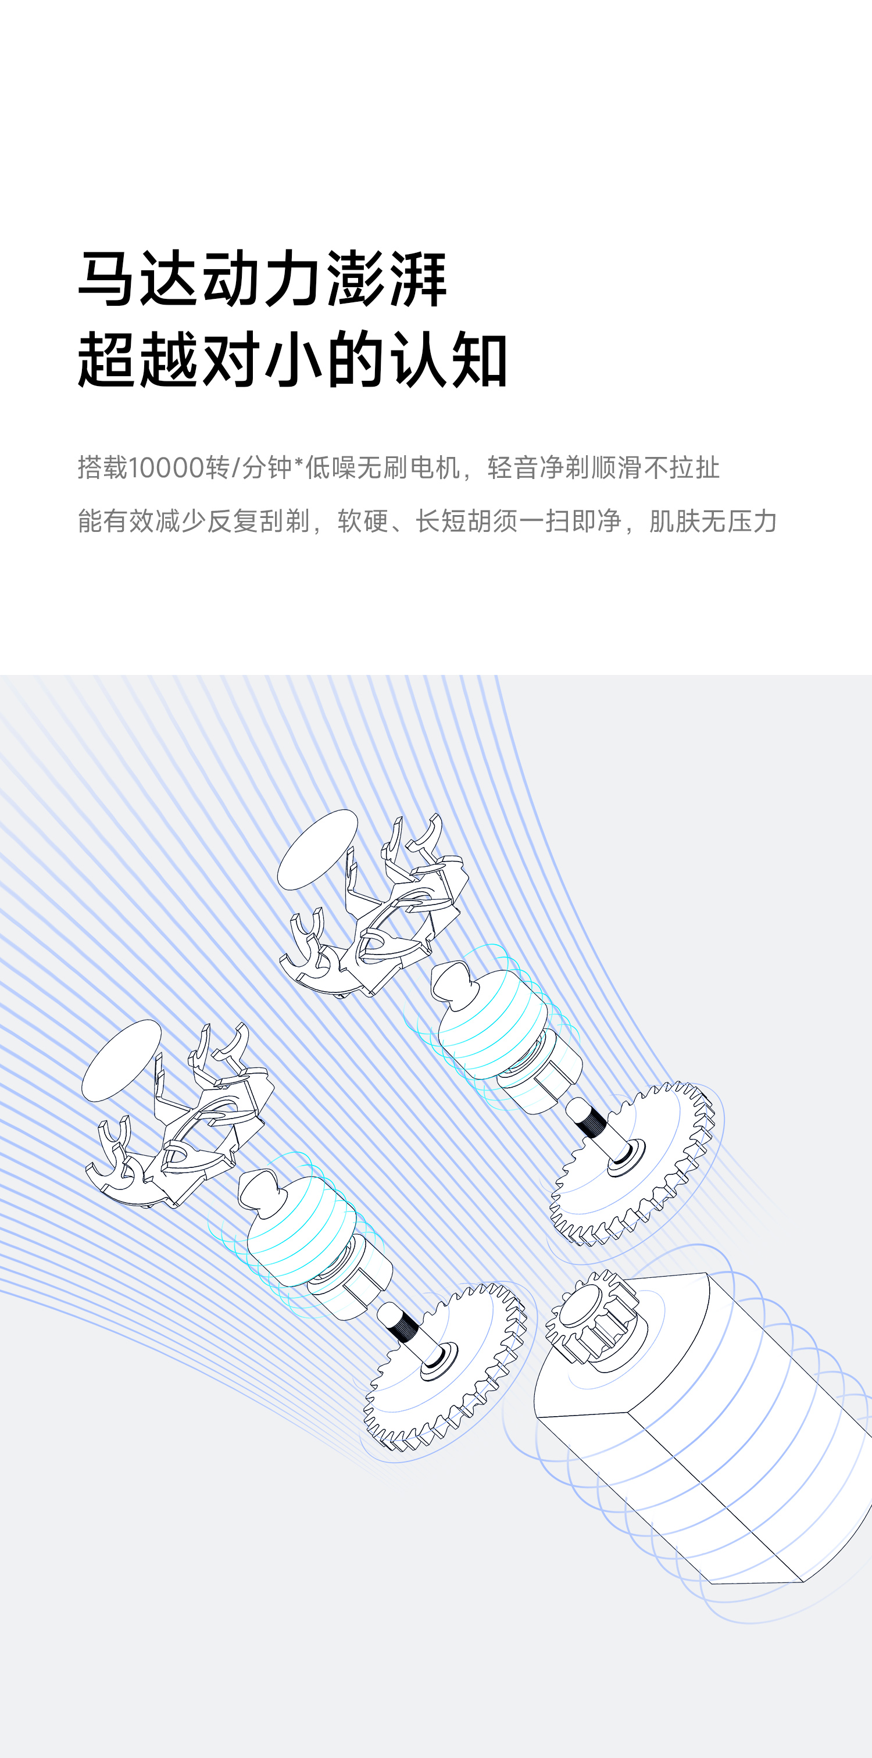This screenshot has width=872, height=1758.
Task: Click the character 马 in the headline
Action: tap(105, 278)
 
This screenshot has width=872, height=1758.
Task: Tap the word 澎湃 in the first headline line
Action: tap(386, 278)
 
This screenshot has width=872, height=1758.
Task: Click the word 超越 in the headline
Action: tap(137, 360)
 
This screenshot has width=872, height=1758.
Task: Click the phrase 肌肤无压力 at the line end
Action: tap(713, 521)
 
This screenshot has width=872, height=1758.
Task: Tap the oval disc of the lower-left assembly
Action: tap(121, 1060)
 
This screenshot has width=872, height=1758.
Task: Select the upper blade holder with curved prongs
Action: tap(382, 914)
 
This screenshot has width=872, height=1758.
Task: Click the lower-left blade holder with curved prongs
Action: tap(184, 1126)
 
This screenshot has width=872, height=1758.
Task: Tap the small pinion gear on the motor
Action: tap(592, 1321)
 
